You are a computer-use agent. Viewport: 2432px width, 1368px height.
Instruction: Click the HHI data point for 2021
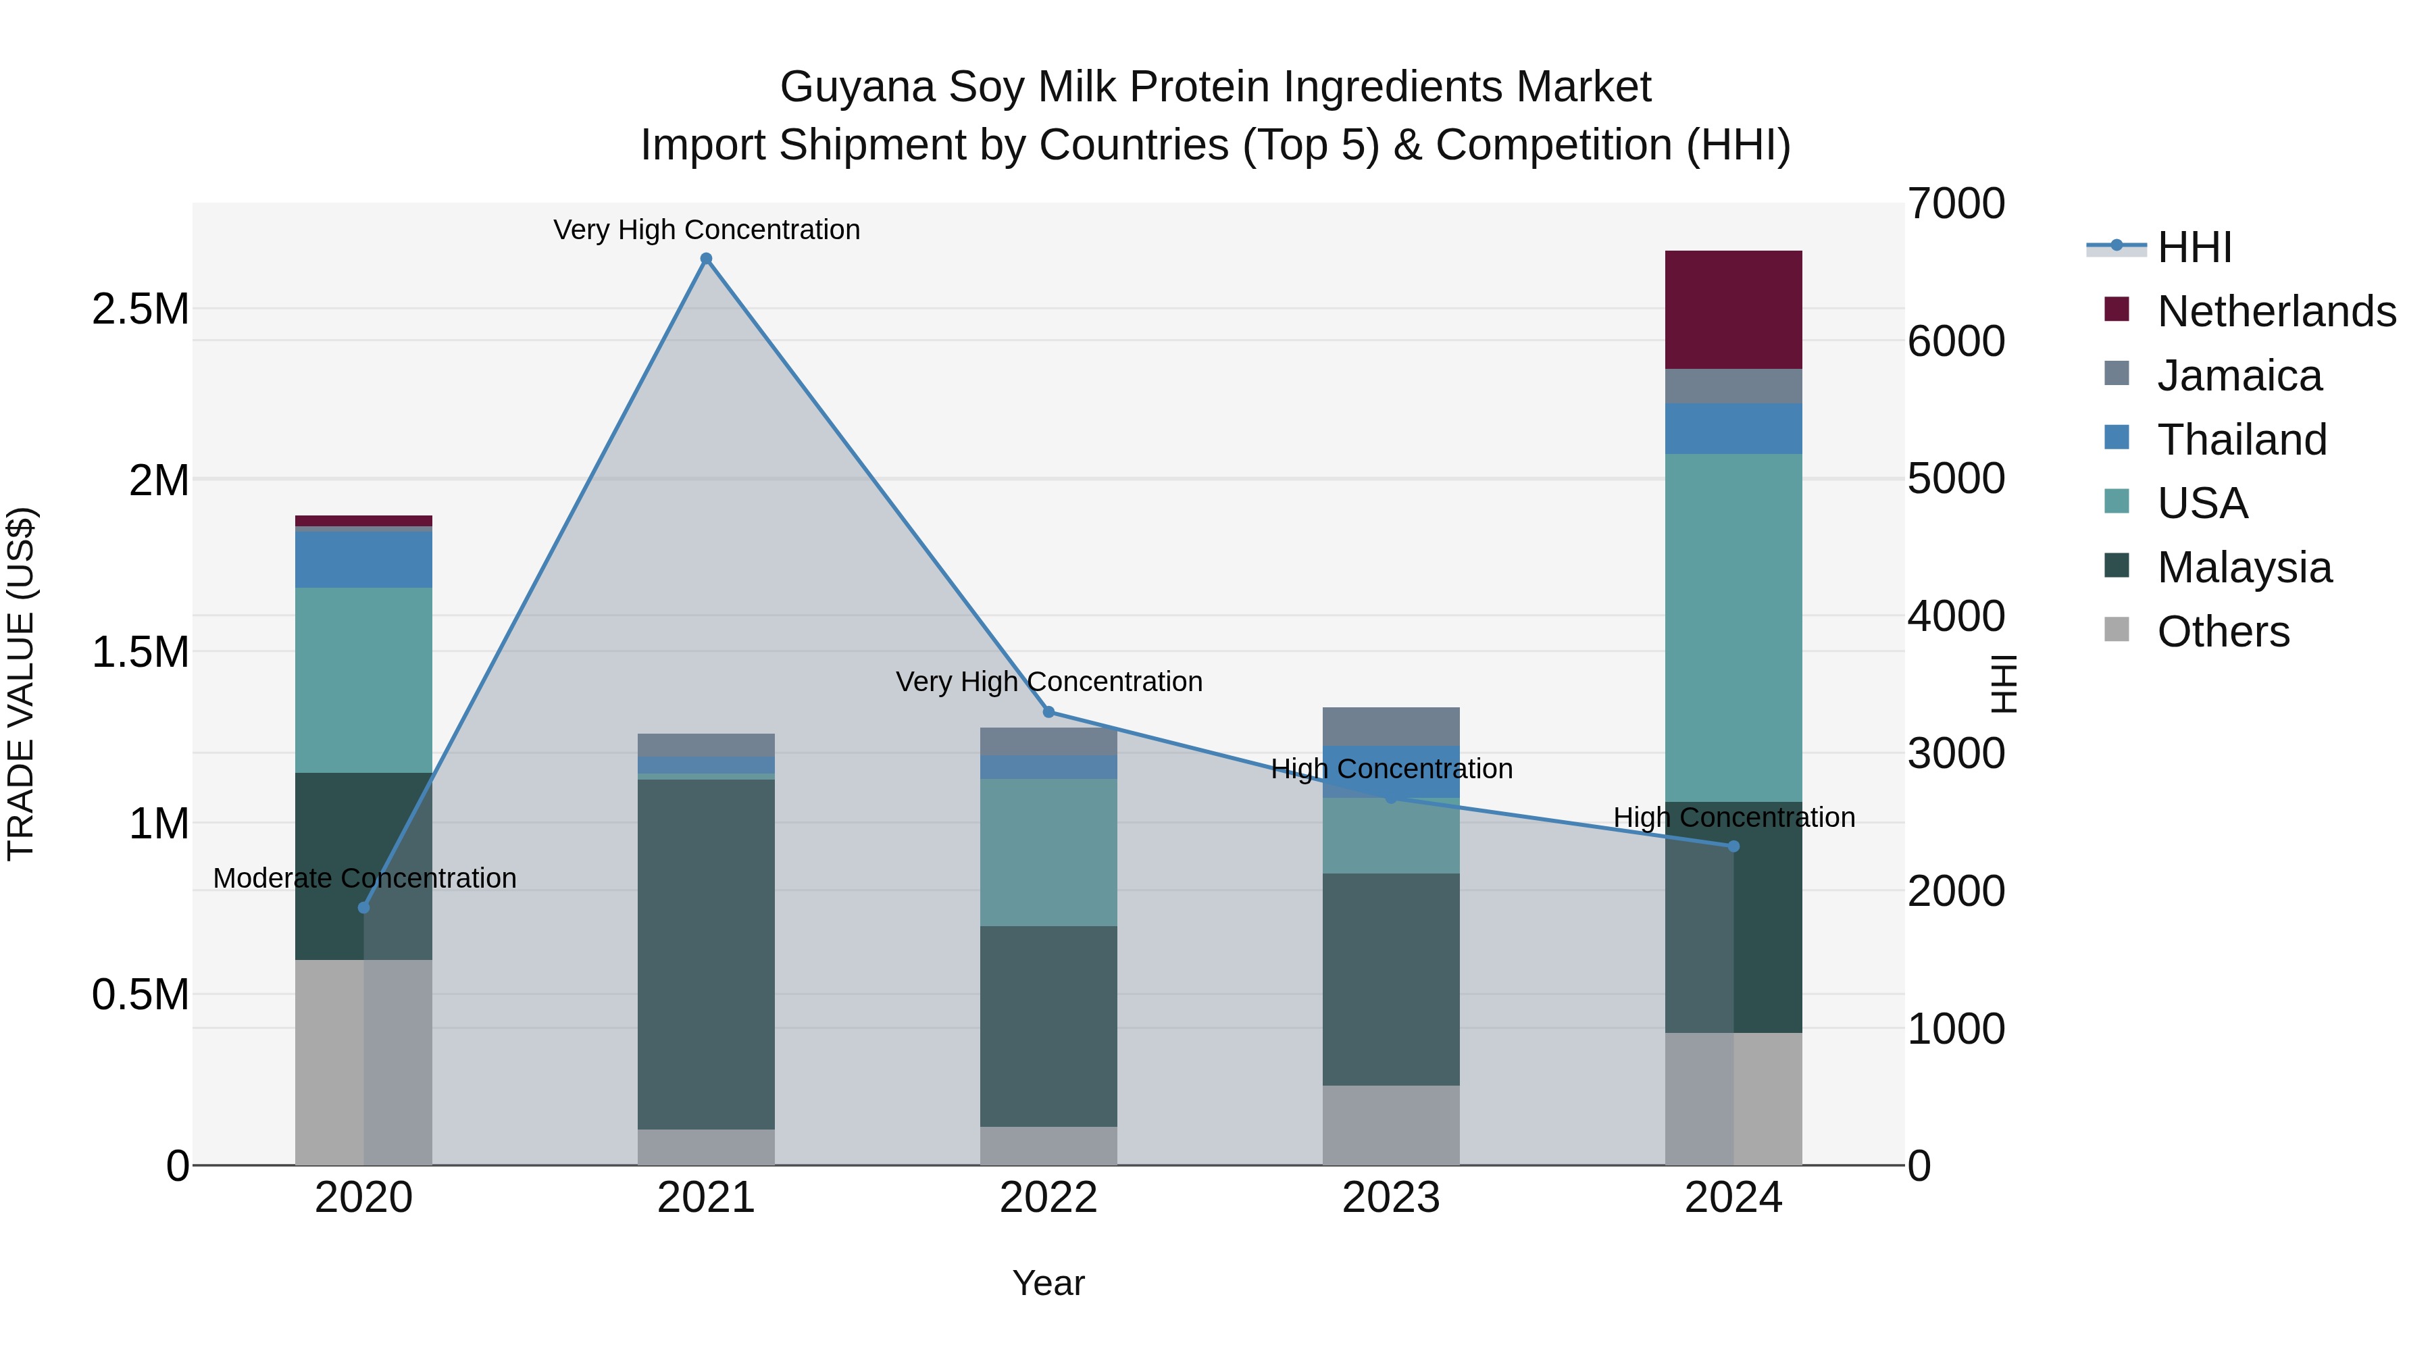click(x=706, y=259)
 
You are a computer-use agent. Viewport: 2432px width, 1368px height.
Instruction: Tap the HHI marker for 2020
click(x=363, y=907)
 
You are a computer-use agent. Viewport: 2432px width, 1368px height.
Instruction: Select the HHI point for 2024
click(x=1733, y=846)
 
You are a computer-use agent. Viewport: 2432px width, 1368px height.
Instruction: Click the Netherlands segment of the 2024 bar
click(x=1733, y=309)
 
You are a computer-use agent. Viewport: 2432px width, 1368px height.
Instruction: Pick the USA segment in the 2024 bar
click(x=1733, y=628)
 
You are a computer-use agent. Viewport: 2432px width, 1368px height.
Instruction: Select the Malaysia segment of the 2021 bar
click(x=706, y=953)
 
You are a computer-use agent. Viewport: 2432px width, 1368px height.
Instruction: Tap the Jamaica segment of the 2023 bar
click(x=1391, y=726)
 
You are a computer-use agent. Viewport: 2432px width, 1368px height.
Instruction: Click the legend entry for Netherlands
click(x=2275, y=311)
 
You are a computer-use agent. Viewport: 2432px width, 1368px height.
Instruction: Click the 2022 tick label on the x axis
click(x=1048, y=1198)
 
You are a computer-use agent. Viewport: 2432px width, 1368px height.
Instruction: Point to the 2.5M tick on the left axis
click(x=140, y=309)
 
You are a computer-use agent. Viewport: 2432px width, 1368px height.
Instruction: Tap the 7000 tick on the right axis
click(x=1955, y=204)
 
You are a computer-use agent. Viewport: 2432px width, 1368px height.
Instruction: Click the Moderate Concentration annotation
click(x=364, y=878)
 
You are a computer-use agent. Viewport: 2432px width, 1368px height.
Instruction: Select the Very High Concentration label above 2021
click(x=706, y=230)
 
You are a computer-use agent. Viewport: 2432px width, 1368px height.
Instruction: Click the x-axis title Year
click(x=1048, y=1283)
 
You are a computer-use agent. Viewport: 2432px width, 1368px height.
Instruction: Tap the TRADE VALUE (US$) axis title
click(x=21, y=684)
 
